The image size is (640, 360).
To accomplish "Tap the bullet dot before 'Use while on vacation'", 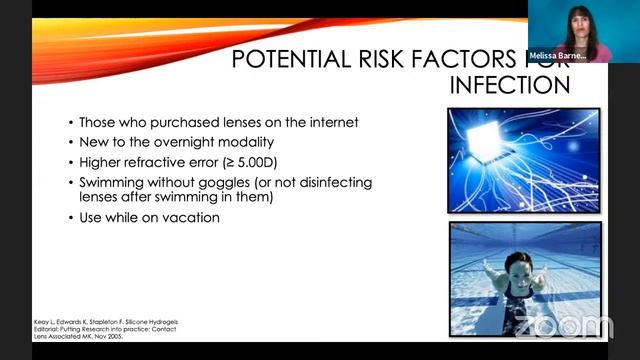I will (70, 217).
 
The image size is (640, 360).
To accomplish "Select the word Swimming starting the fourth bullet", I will (114, 182).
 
